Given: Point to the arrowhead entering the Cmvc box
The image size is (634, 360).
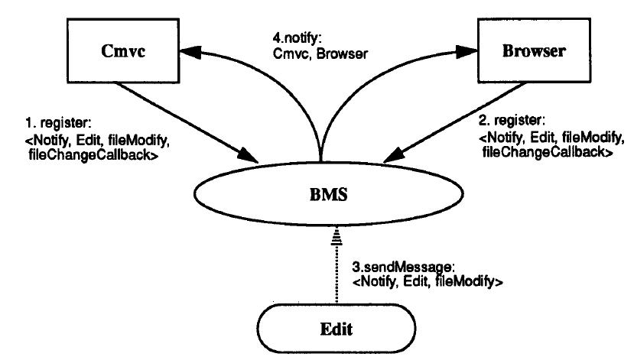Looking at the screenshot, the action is [x=190, y=52].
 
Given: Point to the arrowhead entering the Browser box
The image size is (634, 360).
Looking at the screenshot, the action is [x=467, y=51].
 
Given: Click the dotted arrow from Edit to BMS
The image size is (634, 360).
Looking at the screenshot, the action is [x=337, y=266].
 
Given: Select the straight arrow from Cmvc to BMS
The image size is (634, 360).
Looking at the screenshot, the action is [x=187, y=123].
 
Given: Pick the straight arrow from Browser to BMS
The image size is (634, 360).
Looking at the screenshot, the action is [x=454, y=122].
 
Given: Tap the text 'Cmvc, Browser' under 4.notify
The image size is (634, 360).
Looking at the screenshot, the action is [x=320, y=54].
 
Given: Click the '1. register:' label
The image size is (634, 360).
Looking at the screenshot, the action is [x=59, y=122].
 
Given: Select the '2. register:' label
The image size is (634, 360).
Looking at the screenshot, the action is [x=512, y=120].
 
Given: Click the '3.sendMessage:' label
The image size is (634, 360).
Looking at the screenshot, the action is [x=404, y=267].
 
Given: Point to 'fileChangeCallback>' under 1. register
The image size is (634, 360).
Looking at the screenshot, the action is [x=93, y=154].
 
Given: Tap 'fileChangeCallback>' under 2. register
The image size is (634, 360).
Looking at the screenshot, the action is [x=548, y=152].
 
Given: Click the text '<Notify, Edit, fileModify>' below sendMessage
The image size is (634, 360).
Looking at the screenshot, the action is [x=428, y=281].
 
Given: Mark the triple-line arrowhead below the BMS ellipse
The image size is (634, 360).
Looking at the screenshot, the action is [x=337, y=236].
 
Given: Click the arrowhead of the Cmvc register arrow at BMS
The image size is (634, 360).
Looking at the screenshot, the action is [x=248, y=157].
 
